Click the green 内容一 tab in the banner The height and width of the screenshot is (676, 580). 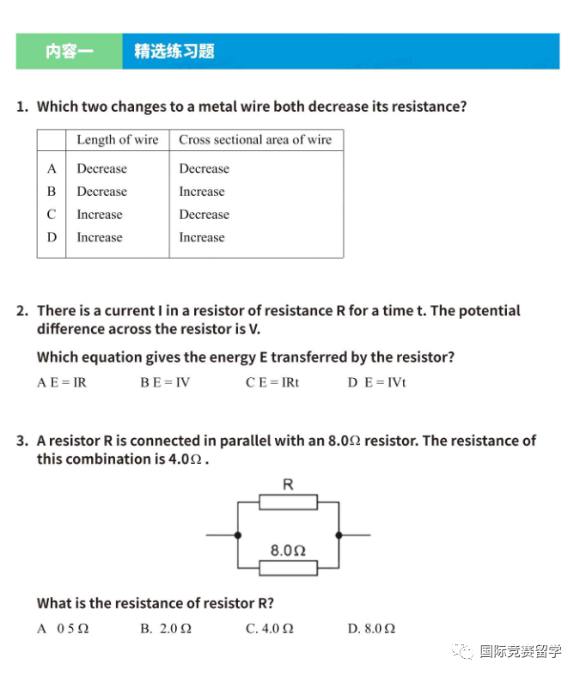tap(69, 52)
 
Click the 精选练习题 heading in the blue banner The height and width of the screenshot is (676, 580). tap(174, 52)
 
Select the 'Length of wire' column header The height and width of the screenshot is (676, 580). tap(117, 140)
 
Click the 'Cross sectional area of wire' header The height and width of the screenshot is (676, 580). tap(255, 140)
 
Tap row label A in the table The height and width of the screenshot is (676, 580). tap(52, 168)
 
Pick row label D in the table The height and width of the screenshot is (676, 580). tap(52, 237)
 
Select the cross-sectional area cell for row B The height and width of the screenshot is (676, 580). tap(202, 192)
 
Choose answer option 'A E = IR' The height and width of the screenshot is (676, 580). tap(62, 382)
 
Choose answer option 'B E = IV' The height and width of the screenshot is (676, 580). tap(165, 382)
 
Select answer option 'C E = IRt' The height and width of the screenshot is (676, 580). tap(272, 382)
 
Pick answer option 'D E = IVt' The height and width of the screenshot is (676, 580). tap(376, 382)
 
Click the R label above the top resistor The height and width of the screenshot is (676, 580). tap(288, 485)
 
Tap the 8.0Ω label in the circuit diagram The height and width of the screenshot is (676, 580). tap(288, 550)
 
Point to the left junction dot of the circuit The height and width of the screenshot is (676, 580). tap(237, 534)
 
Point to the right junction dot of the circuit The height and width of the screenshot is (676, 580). tap(339, 534)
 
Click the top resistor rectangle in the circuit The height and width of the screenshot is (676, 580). tap(288, 502)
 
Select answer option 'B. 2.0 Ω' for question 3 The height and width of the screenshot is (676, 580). tap(166, 629)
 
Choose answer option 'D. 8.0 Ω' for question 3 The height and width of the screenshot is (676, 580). tap(371, 629)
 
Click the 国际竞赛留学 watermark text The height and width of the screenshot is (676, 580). tap(520, 651)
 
